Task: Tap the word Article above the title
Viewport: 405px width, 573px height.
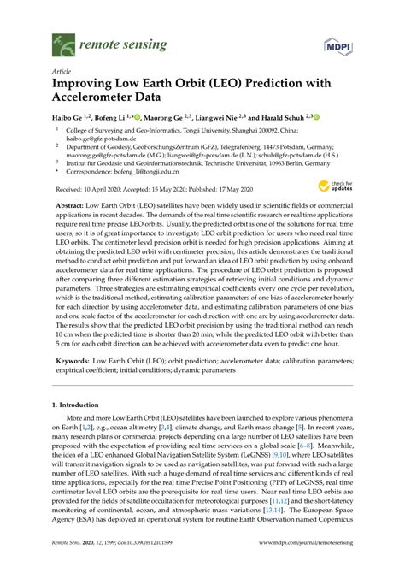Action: (61, 73)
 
